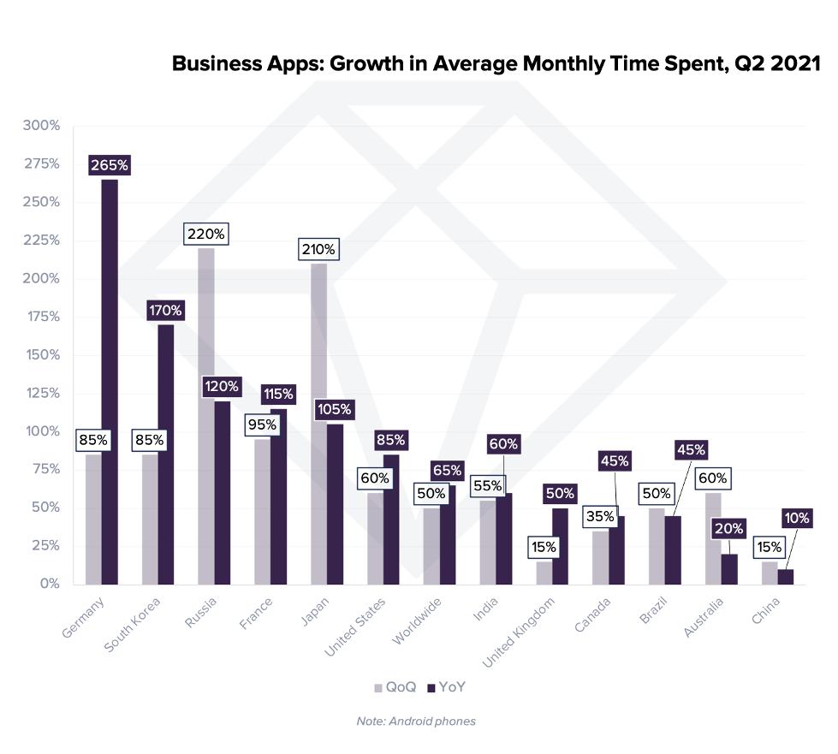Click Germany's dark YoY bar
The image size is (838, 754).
point(110,381)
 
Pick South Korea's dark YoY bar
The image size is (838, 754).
point(166,454)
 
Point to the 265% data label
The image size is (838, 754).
point(110,165)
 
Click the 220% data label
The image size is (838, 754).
point(206,234)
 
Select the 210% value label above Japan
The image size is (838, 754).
point(318,250)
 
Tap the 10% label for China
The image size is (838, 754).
point(798,518)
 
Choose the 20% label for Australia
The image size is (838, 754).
point(728,529)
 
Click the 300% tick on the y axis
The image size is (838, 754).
point(42,126)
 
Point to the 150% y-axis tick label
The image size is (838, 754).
point(42,354)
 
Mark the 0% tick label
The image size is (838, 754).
point(48,584)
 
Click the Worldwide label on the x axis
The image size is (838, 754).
point(418,620)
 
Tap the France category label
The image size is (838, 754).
point(257,613)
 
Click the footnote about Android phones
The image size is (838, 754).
point(416,721)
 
